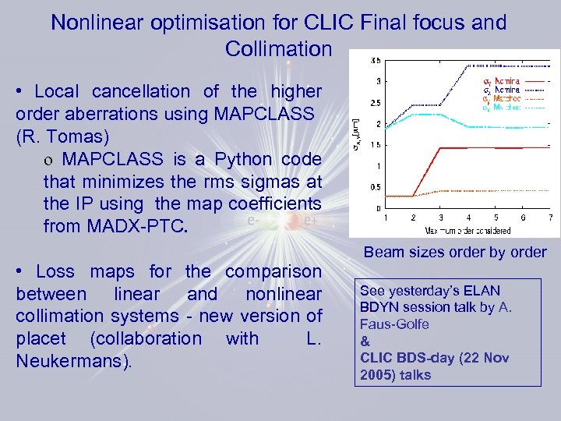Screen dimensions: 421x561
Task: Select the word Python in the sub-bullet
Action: pyautogui.click(x=230, y=159)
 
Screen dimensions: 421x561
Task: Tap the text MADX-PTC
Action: pyautogui.click(x=136, y=228)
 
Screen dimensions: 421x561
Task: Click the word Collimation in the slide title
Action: pyautogui.click(x=278, y=49)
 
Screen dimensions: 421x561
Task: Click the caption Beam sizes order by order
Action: pyautogui.click(x=455, y=252)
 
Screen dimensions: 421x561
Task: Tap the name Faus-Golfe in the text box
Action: pyautogui.click(x=394, y=324)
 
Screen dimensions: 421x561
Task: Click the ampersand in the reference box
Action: pyautogui.click(x=364, y=341)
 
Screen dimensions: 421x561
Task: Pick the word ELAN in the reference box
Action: pyautogui.click(x=482, y=290)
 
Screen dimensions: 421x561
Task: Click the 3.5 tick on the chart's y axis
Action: pyautogui.click(x=376, y=60)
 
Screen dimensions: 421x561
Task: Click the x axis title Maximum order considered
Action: pyautogui.click(x=467, y=230)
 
